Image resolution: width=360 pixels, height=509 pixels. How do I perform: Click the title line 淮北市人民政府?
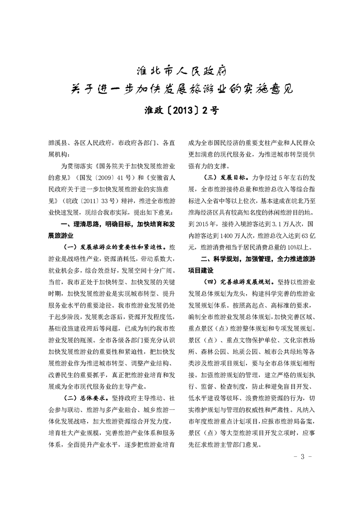coord(180,71)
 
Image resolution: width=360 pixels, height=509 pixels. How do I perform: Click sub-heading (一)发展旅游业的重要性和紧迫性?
coord(116,248)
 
